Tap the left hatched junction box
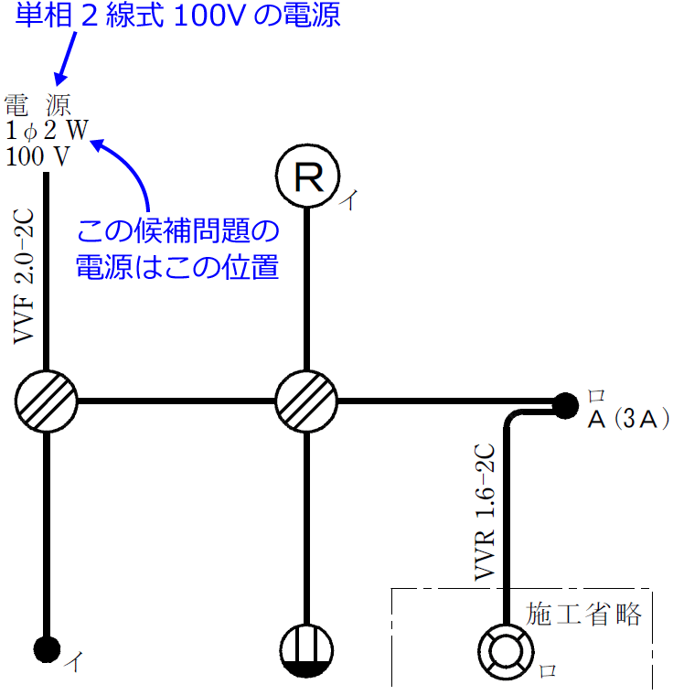(x=47, y=401)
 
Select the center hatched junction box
(x=307, y=401)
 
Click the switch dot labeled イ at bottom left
(x=47, y=648)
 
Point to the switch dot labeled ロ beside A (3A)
(x=566, y=402)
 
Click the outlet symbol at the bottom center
(x=307, y=650)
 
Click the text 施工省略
(x=583, y=614)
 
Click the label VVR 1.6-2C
(x=485, y=512)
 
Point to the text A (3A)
(x=622, y=420)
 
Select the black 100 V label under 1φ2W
(x=37, y=156)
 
